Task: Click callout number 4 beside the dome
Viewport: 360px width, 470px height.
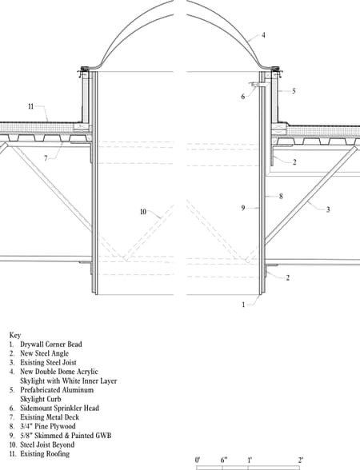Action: coord(263,35)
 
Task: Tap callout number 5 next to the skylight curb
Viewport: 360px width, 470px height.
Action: coord(294,91)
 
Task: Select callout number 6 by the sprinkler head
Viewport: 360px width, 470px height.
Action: coord(243,97)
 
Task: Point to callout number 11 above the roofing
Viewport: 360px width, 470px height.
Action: coord(31,106)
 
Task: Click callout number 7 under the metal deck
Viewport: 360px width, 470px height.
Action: coord(46,158)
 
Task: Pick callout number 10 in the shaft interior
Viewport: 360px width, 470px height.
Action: coord(143,212)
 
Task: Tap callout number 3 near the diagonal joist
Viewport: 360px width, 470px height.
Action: coord(328,209)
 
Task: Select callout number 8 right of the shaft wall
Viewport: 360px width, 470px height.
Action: coord(281,197)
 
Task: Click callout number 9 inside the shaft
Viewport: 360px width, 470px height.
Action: coord(243,208)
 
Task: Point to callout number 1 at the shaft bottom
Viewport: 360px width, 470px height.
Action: coord(243,305)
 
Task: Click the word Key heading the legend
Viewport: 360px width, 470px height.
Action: coord(15,335)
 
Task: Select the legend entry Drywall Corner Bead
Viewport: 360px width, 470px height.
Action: coord(51,344)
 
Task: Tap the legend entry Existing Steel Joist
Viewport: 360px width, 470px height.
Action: coord(48,362)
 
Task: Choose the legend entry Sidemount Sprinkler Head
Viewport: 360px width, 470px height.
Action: coord(60,408)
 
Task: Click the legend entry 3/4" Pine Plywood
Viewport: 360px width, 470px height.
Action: coord(48,426)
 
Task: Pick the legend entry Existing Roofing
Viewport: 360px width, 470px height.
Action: coord(45,454)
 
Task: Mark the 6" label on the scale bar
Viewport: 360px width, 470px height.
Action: coord(224,460)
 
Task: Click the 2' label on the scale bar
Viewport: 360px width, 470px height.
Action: coord(301,460)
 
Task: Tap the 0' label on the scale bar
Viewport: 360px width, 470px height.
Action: coord(198,460)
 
